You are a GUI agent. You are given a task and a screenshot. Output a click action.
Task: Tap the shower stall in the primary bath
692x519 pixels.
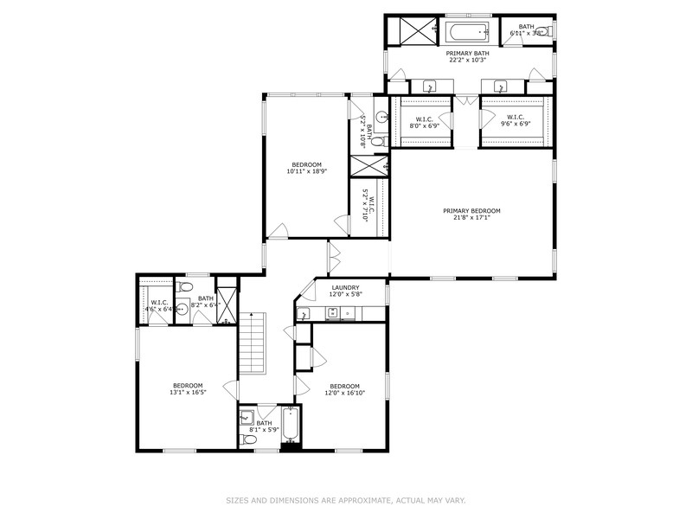pyautogui.click(x=414, y=34)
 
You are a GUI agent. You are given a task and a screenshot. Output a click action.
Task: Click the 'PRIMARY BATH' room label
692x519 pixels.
pyautogui.click(x=467, y=54)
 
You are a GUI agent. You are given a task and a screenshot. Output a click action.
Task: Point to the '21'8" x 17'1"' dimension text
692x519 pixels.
pyautogui.click(x=471, y=218)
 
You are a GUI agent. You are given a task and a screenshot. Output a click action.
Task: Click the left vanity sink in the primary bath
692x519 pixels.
pyautogui.click(x=430, y=86)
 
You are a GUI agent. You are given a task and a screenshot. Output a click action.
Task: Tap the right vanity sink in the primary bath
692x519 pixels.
pyautogui.click(x=501, y=86)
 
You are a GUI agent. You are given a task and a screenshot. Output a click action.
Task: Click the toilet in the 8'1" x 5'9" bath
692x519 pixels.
pyautogui.click(x=248, y=439)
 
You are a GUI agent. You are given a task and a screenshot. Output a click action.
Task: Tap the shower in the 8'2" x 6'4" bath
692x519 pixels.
pyautogui.click(x=227, y=302)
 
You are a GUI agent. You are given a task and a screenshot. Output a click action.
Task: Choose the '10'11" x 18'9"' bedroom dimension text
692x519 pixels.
pyautogui.click(x=306, y=171)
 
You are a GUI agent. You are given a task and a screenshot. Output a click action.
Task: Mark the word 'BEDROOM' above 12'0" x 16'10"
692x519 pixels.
pyautogui.click(x=343, y=386)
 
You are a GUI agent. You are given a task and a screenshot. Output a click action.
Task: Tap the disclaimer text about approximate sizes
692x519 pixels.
pyautogui.click(x=346, y=500)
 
